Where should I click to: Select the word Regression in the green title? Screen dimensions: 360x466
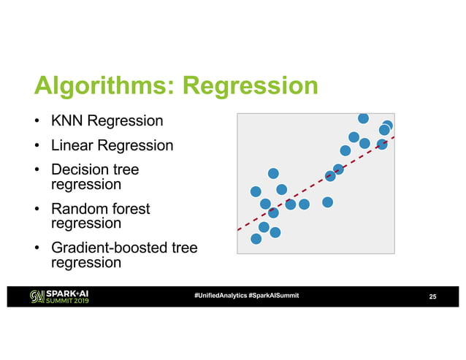coord(250,88)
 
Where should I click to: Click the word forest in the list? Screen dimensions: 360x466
coord(131,209)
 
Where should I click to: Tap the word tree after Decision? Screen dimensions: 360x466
coord(126,170)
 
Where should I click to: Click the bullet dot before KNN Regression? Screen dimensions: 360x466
coord(36,120)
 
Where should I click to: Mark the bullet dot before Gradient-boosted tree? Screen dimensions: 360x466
coord(36,249)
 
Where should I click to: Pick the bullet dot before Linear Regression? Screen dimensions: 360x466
coord(36,146)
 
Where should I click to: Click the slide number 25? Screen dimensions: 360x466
coord(432,296)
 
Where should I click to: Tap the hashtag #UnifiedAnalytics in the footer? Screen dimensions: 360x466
coord(220,295)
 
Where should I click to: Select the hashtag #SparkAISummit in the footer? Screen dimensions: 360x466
coord(273,295)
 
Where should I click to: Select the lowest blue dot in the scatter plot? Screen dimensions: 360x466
coord(256,239)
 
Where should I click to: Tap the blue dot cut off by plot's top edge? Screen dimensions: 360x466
coord(363,118)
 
